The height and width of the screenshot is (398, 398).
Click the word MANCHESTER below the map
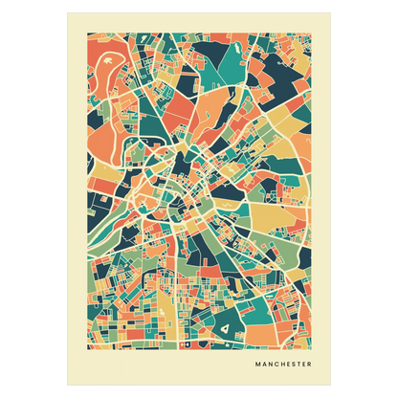pos(283,365)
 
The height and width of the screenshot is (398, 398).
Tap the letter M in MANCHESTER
pos(258,365)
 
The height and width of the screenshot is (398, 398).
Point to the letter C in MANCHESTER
pos(275,365)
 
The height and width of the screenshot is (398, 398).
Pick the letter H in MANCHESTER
pos(280,365)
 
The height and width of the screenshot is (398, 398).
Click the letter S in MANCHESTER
pos(292,365)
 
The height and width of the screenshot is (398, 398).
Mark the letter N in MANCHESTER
pos(269,365)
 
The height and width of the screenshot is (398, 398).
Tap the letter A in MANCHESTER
pos(264,365)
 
